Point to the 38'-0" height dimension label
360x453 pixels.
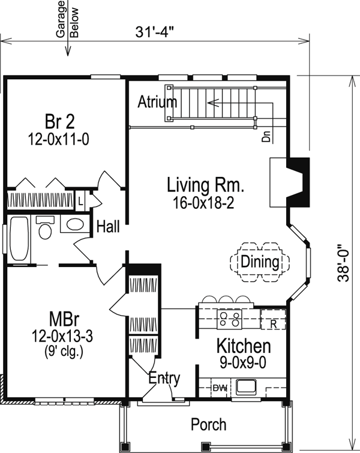click(344, 263)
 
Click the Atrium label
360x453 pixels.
click(157, 101)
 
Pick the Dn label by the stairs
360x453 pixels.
click(266, 137)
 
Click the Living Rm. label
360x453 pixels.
click(206, 185)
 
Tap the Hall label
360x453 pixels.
click(108, 226)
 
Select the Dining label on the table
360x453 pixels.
click(260, 262)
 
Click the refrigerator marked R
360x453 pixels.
click(273, 319)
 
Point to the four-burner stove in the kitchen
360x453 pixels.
click(229, 319)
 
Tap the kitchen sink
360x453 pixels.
click(246, 387)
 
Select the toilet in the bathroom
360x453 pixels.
click(45, 228)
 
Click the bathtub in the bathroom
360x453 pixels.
click(19, 239)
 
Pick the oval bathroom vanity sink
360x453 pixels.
click(75, 224)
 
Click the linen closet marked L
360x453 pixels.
click(81, 200)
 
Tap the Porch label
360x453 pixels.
click(209, 424)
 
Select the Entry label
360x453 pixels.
click(164, 378)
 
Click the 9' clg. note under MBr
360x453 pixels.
click(64, 352)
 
